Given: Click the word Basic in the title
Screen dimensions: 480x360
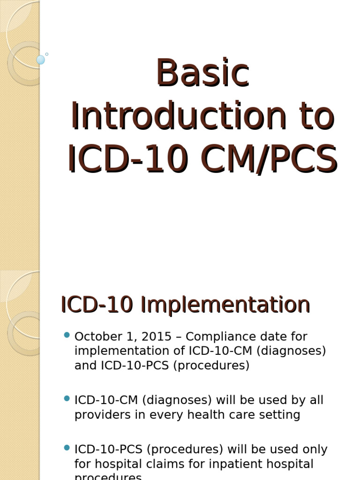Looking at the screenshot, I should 202,73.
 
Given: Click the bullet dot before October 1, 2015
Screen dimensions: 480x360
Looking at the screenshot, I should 67,335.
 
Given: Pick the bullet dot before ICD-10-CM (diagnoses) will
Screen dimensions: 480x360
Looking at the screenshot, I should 67,398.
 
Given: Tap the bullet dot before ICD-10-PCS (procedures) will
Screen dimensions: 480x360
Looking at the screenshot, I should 67,448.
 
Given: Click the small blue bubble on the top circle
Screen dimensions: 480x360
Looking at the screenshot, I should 41,60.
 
